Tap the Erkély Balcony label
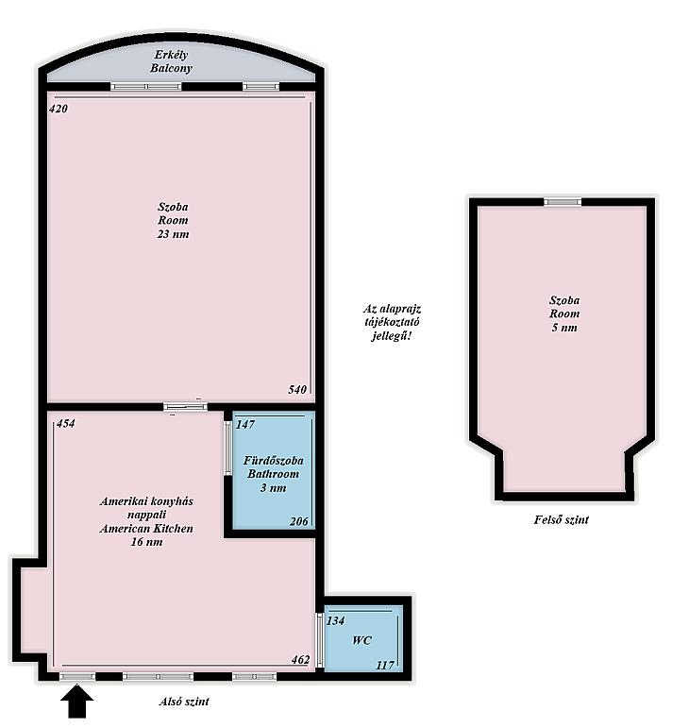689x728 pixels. click(x=171, y=61)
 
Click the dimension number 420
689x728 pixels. click(x=59, y=109)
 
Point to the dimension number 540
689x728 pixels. click(x=297, y=389)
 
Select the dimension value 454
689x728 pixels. click(x=65, y=423)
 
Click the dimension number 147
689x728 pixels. click(x=245, y=424)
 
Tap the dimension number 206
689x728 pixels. click(x=298, y=521)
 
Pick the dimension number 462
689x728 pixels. click(x=300, y=659)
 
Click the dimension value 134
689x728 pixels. click(x=335, y=620)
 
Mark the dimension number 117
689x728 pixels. click(x=385, y=666)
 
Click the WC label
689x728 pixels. click(x=361, y=640)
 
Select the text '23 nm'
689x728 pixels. click(x=173, y=234)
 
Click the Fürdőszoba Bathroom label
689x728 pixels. click(x=274, y=467)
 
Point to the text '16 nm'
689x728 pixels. click(x=146, y=542)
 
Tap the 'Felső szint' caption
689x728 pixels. click(x=561, y=519)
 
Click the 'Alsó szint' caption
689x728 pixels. click(x=184, y=701)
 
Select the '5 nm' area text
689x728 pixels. click(x=564, y=328)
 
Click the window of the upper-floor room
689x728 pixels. click(x=563, y=202)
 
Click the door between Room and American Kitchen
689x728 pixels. click(x=185, y=407)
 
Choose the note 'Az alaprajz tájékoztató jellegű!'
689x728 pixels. click(x=392, y=322)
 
